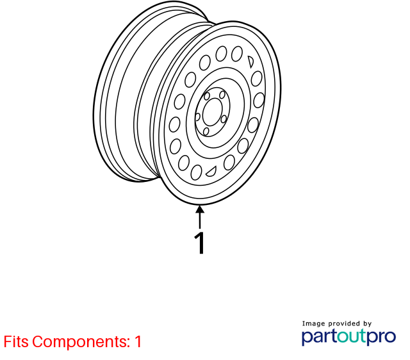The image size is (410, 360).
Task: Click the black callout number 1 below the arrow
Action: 199,243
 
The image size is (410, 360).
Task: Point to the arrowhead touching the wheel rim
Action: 200,209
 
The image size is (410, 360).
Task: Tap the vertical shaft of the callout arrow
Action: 200,220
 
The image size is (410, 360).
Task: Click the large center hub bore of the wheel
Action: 212,112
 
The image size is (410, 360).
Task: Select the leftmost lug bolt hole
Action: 198,117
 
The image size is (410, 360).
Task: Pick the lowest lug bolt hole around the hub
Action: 206,131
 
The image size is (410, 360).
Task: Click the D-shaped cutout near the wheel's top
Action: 250,61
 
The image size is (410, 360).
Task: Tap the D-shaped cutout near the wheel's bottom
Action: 211,171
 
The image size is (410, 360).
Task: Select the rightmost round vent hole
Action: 259,100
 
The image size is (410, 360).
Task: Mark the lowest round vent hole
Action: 196,172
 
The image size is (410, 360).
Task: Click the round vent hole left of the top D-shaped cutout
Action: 237,54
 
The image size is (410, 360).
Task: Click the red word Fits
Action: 16,341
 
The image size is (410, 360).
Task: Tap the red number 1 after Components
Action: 138,341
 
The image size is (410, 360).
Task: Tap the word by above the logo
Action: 367,324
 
